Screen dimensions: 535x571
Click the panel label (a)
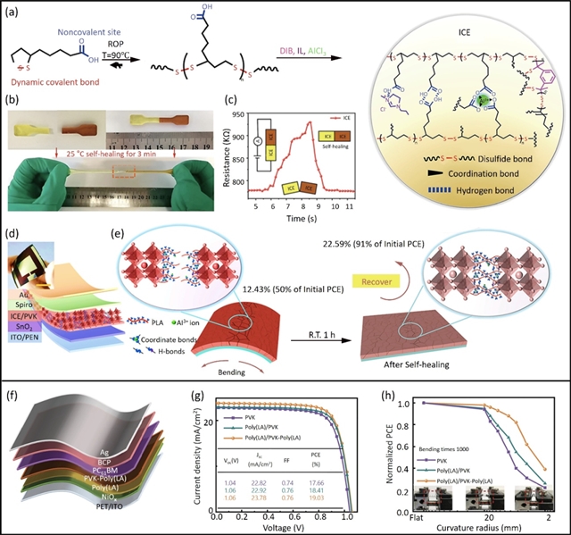click(16, 11)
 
